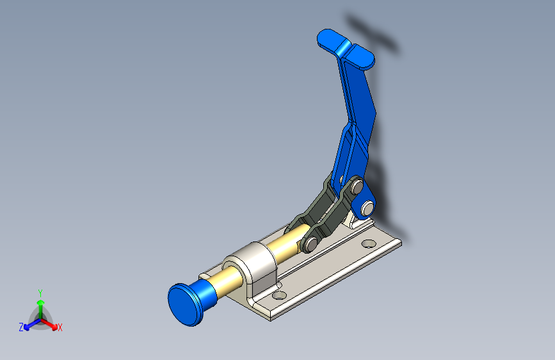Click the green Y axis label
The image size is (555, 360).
[40, 292]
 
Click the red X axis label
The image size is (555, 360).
[60, 328]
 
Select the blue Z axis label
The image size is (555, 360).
[21, 327]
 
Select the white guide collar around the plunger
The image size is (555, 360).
[256, 265]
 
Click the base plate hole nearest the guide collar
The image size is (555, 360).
[278, 295]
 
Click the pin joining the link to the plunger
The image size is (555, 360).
[310, 243]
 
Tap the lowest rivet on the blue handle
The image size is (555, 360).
[367, 208]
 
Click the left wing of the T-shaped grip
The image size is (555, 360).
[330, 40]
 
